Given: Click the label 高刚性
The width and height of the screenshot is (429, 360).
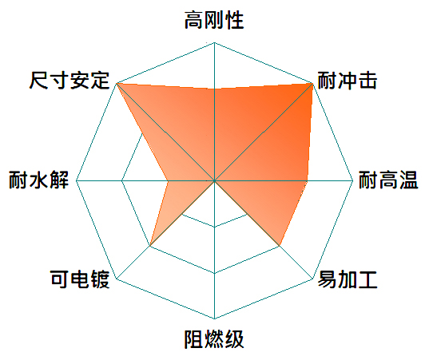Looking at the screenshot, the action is coord(214,20).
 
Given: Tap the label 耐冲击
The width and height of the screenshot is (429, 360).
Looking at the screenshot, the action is coord(348,81).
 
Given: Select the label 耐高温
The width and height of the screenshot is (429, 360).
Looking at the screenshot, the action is coord(388,180).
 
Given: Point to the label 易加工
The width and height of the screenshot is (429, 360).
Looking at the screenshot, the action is coord(348,279).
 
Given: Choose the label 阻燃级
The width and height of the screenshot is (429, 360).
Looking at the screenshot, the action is coord(214,339).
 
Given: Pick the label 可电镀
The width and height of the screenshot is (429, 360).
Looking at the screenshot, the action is coord(80,279).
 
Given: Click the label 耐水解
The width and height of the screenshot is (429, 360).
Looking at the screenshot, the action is coord(38,180).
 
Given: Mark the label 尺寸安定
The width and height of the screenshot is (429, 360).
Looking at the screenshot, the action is coord(70,81).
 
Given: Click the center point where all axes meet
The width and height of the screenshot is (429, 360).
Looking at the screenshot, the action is coord(214,180).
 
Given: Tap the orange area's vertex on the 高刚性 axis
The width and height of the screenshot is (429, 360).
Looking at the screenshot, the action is coord(214,89).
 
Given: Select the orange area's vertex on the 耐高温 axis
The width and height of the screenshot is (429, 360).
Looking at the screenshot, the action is coord(307,180).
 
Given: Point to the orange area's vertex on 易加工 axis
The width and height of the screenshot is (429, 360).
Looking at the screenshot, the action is coord(280,246).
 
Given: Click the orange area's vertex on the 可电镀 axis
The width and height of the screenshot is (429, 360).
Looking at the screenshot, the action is coord(150,246).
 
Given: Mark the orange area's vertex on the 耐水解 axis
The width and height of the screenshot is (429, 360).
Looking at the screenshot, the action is coord(168,180).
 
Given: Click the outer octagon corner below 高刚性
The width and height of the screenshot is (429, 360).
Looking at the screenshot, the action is coord(214,42).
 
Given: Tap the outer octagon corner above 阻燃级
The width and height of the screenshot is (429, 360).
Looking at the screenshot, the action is coord(214,318).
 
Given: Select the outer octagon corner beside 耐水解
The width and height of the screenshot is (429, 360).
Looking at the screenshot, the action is coord(76,180).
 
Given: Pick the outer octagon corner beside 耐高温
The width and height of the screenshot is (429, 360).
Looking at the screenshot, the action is coord(353,180).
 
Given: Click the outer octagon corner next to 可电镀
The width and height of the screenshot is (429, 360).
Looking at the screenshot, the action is coord(117,279).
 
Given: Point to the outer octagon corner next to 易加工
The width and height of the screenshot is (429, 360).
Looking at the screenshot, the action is coord(312,279).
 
